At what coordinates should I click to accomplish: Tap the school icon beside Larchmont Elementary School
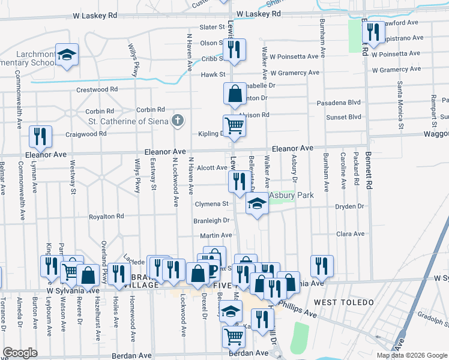(67, 54)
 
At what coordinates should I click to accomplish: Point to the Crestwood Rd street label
(97, 90)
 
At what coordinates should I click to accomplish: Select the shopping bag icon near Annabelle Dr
(234, 94)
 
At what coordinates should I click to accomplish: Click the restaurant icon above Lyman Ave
(40, 136)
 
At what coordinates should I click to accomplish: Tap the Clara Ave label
(351, 234)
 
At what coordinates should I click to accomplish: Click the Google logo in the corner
(20, 353)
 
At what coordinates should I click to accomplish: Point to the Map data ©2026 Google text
(411, 355)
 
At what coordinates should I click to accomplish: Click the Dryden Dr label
(349, 206)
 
